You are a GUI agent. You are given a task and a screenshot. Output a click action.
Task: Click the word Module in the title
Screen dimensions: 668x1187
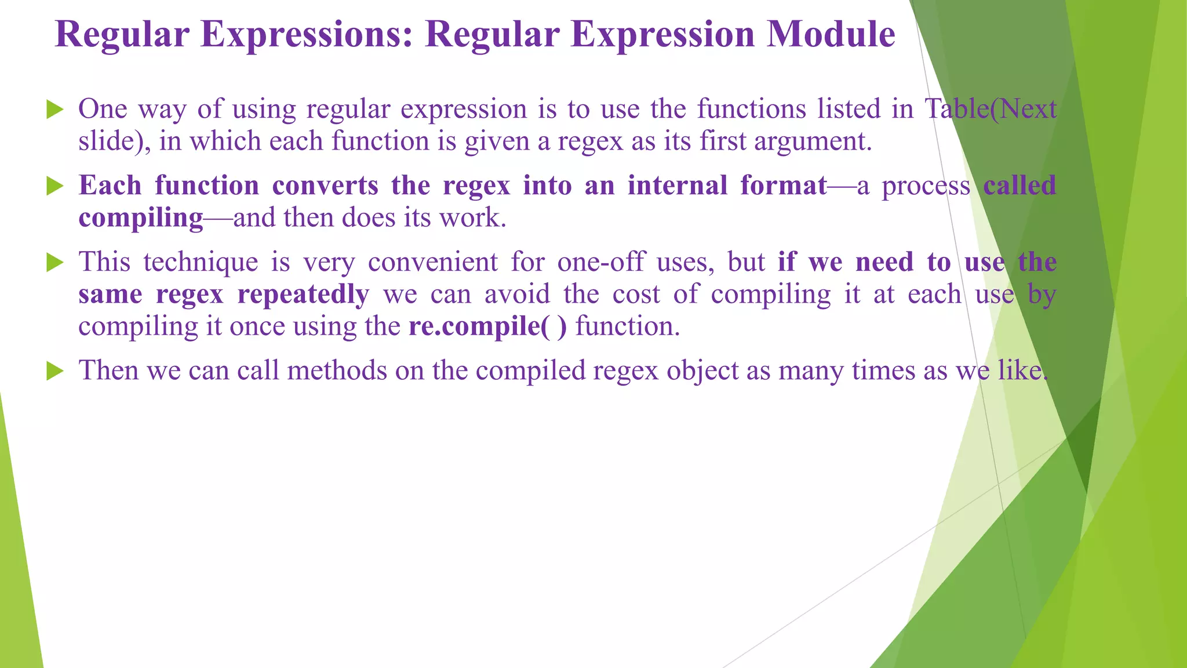coord(831,35)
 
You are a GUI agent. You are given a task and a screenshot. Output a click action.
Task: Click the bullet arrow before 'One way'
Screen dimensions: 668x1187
coord(54,109)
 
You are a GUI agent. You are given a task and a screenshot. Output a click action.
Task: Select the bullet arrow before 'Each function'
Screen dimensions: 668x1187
coord(54,186)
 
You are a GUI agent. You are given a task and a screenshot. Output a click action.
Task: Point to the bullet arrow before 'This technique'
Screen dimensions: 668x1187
coord(54,263)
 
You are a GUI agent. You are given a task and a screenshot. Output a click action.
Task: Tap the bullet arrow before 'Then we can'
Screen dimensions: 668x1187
coord(54,371)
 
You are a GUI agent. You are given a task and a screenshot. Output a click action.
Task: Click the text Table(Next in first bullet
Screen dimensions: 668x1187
coord(990,109)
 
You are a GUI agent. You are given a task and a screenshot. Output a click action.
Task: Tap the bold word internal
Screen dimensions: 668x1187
coord(677,186)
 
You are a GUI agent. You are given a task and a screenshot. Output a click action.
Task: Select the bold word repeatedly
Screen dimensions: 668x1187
coord(303,295)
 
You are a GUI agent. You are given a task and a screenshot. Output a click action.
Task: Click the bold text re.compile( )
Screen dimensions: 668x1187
coord(487,326)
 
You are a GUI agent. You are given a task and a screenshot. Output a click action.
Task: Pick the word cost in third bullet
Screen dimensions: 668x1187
coord(636,295)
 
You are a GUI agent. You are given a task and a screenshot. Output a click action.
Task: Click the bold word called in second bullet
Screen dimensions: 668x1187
coord(1019,186)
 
